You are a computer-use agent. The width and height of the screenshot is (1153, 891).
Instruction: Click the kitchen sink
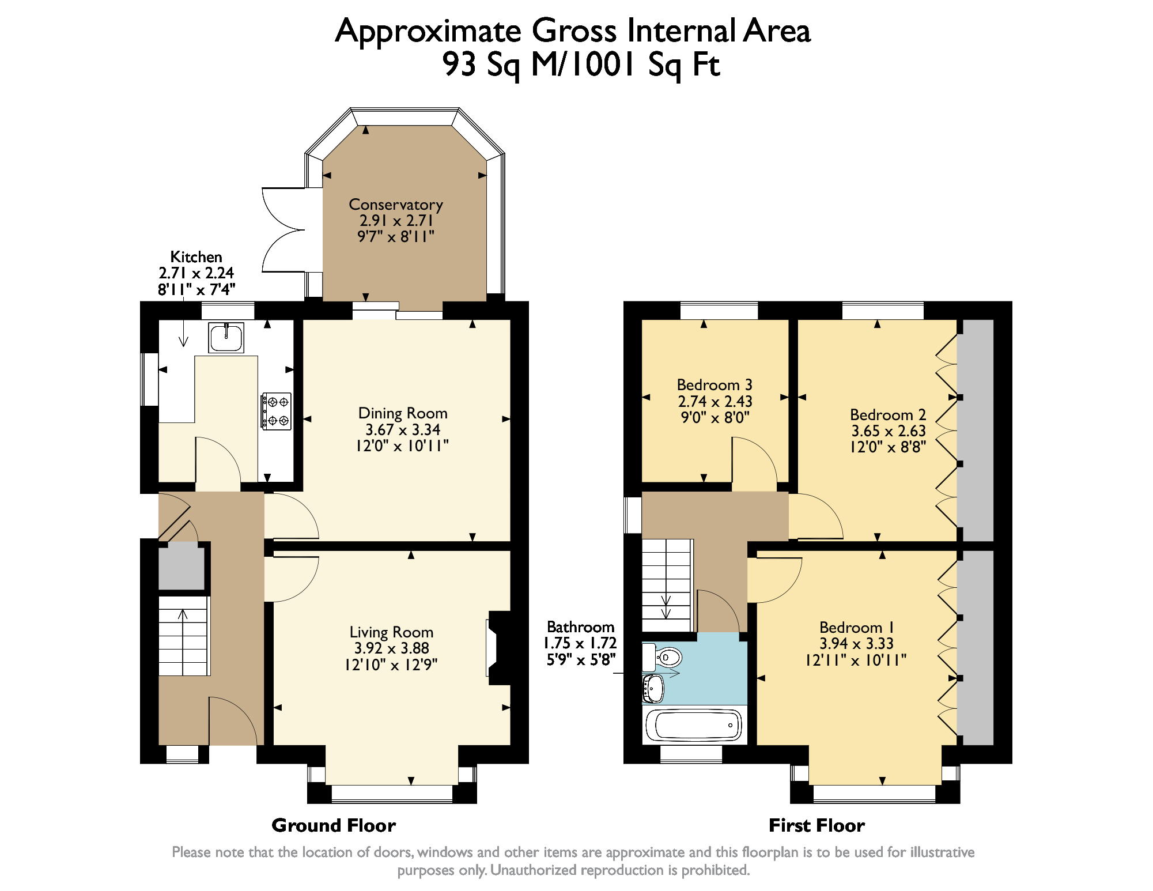click(226, 337)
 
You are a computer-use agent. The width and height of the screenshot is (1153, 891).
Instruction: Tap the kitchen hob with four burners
click(277, 411)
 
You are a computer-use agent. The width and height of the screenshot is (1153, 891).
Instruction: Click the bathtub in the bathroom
click(693, 725)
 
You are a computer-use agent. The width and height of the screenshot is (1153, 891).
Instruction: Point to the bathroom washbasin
click(654, 688)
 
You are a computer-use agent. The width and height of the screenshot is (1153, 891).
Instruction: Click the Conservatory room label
click(396, 205)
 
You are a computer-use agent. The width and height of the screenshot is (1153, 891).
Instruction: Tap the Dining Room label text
click(403, 413)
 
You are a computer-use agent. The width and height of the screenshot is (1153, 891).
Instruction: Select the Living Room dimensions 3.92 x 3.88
click(391, 648)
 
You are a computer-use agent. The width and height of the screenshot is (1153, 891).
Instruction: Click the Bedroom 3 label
click(715, 385)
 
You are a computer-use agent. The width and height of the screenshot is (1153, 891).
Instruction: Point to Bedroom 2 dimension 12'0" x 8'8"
click(888, 447)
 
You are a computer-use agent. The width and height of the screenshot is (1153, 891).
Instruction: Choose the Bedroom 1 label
click(856, 627)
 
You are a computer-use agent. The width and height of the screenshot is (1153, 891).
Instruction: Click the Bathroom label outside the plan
click(580, 627)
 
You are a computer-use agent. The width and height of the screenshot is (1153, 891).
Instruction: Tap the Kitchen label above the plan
click(196, 257)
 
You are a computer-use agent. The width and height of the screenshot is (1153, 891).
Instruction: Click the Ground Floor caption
click(334, 825)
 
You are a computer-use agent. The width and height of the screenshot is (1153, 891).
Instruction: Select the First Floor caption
click(816, 825)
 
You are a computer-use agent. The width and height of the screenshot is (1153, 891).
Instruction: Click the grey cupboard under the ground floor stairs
click(181, 567)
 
